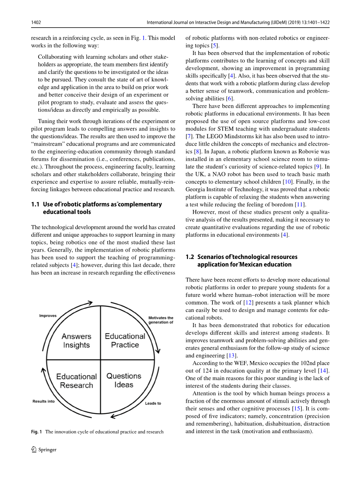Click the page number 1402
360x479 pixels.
point(36,23)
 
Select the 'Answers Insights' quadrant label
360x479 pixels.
point(76,340)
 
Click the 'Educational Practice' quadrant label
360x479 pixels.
point(125,340)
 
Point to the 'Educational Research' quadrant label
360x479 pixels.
point(76,381)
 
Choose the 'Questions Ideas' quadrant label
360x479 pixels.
point(124,380)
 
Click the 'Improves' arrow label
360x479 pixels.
point(48,315)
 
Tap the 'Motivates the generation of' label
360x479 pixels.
point(161,320)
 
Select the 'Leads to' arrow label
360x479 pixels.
point(153,403)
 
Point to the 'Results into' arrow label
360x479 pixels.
point(44,401)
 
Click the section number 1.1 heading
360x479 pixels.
point(35,204)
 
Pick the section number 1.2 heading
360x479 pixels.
point(190,257)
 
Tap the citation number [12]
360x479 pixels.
point(248,303)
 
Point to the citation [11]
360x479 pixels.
point(300,204)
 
